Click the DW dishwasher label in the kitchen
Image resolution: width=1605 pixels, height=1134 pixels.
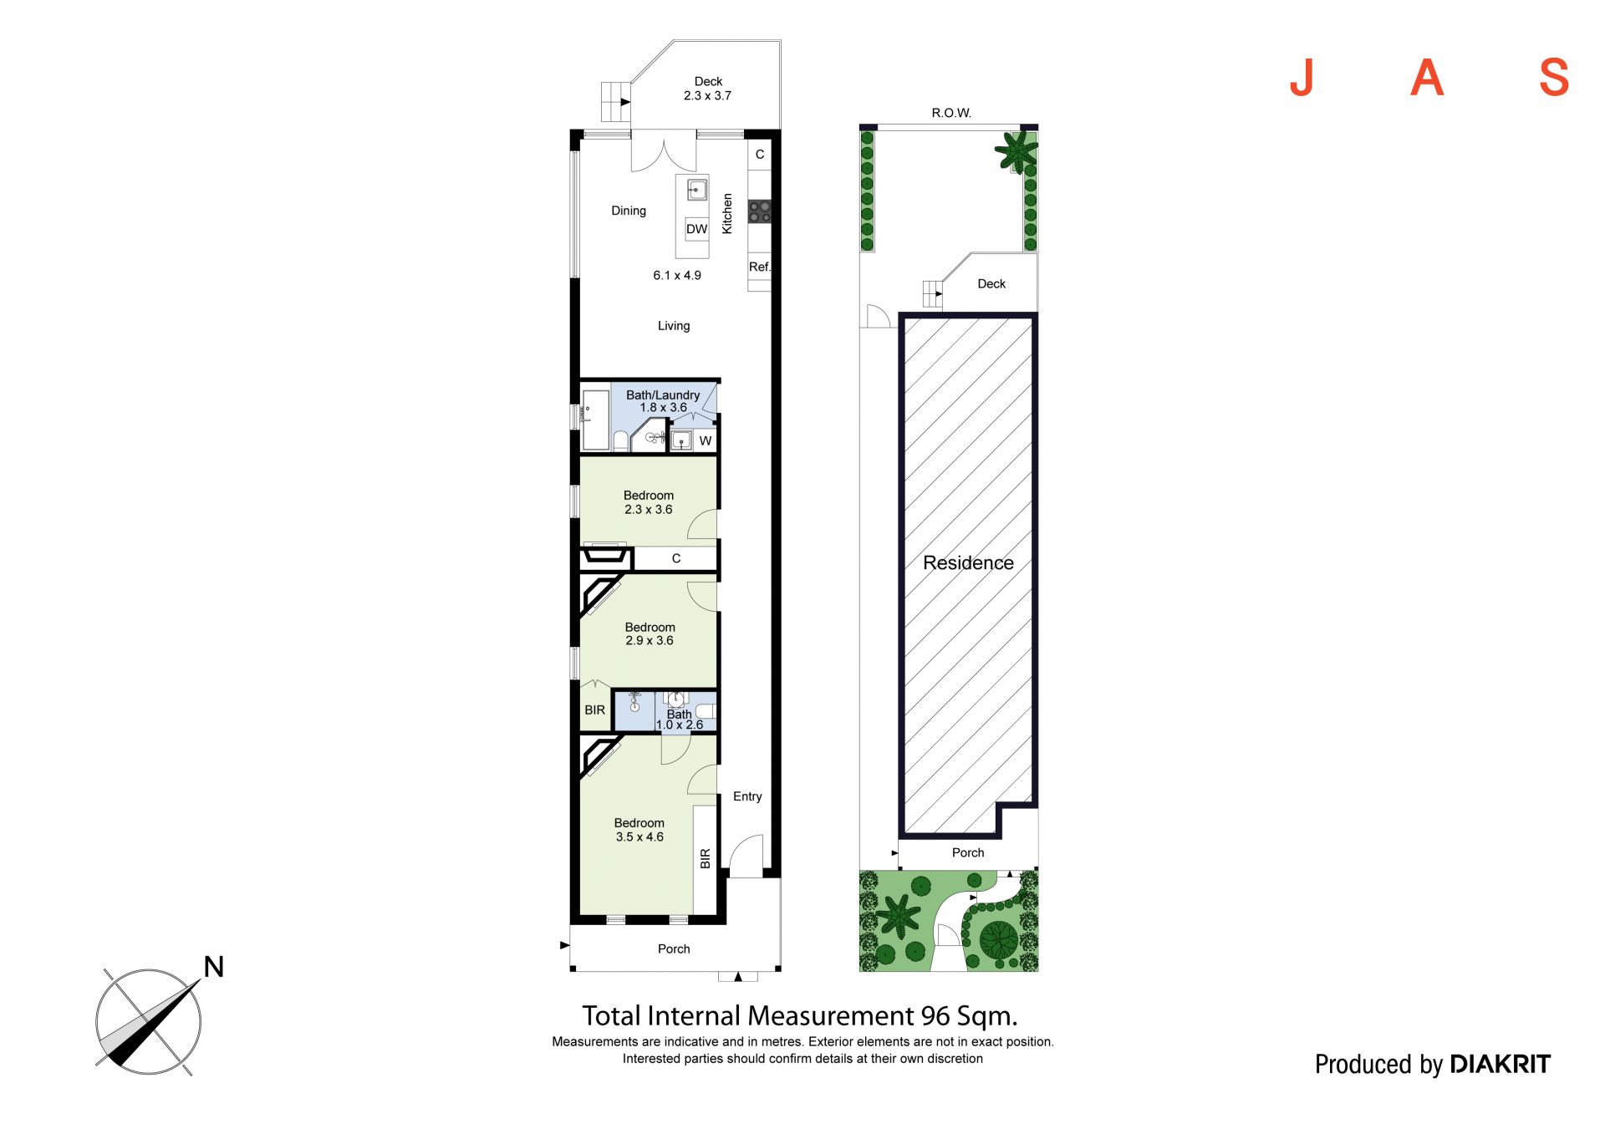[696, 229]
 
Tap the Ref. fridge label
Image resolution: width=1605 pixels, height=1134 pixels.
[759, 267]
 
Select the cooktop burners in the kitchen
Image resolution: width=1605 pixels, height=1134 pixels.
[760, 211]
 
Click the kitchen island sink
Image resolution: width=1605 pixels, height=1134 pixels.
[697, 190]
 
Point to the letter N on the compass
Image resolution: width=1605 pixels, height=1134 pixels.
[214, 967]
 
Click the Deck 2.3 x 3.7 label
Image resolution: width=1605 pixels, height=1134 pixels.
[707, 89]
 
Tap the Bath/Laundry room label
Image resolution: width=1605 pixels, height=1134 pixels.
[663, 401]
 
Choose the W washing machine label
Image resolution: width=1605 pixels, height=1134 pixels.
[706, 440]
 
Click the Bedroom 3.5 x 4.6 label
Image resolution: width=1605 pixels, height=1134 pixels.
[639, 830]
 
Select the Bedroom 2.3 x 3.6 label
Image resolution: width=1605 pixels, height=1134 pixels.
[649, 502]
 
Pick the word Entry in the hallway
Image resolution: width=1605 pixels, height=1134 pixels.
[747, 796]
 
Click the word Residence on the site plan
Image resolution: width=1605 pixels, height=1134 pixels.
[968, 563]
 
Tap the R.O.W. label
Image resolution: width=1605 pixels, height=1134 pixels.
[951, 113]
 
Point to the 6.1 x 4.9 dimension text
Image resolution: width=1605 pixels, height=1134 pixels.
[677, 275]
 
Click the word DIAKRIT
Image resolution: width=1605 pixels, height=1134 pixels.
[1501, 1064]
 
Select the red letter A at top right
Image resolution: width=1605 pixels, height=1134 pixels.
[1427, 78]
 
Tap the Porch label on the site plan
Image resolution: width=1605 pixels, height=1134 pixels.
[968, 852]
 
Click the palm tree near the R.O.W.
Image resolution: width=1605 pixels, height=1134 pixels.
[1016, 151]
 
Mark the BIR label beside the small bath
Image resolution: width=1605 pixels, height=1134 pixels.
[595, 710]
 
